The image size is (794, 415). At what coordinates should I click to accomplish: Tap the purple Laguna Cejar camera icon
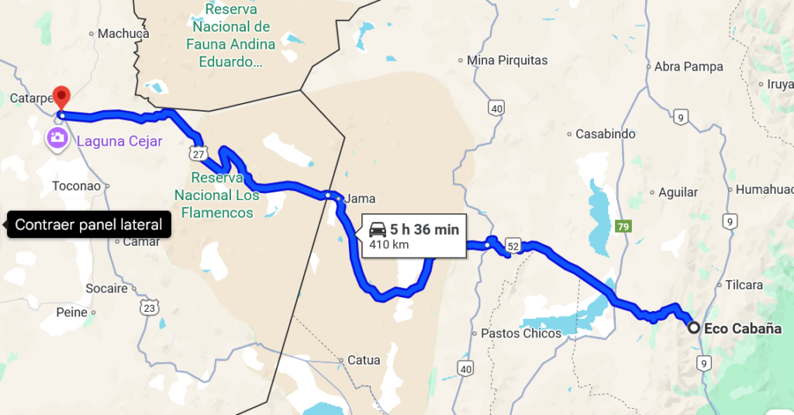[57, 138]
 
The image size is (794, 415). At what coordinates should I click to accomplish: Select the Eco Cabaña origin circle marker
[694, 328]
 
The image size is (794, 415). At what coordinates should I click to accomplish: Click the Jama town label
[360, 197]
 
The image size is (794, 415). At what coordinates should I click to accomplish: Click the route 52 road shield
[513, 246]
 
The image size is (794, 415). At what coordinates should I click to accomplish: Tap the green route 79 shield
[621, 227]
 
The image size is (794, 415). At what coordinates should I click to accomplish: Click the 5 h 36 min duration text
[424, 229]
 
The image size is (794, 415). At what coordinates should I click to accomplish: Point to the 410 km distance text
[389, 244]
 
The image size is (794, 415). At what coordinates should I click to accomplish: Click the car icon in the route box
[378, 229]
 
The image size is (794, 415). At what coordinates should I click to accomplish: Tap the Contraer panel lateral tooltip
[88, 225]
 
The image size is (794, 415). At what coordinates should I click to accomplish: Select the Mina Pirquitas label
[507, 60]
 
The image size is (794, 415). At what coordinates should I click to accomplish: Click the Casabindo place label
[605, 134]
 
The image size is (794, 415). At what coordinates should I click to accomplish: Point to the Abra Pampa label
[689, 67]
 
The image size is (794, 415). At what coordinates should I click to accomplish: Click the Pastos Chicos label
[521, 334]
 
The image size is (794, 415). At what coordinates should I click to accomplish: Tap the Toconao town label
[76, 186]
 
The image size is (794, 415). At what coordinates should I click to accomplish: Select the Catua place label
[364, 360]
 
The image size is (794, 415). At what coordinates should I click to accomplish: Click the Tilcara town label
[744, 285]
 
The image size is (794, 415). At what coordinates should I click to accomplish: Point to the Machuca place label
[123, 33]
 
